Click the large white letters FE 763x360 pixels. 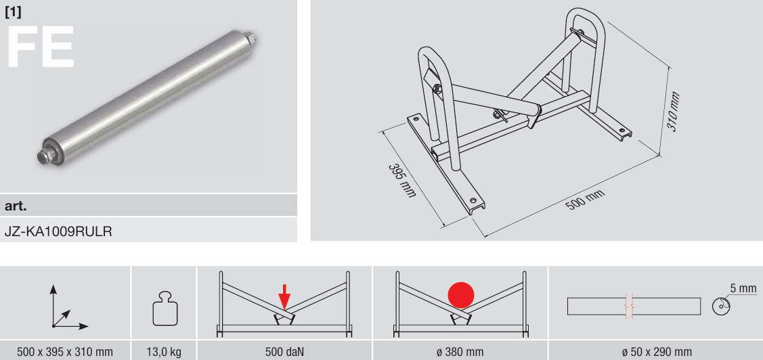click(x=41, y=47)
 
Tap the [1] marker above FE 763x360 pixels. click(x=13, y=13)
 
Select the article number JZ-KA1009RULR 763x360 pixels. click(x=58, y=231)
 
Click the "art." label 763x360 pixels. click(x=16, y=206)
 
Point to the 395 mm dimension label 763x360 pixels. click(x=402, y=180)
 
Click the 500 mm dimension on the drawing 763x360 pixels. click(x=585, y=200)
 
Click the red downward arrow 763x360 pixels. click(x=284, y=297)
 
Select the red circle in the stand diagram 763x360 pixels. click(x=460, y=295)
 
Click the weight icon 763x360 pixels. click(x=164, y=309)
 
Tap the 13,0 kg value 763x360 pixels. click(x=164, y=351)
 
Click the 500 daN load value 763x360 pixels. click(x=284, y=351)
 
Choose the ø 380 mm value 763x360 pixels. click(x=460, y=351)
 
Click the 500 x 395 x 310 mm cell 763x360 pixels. click(x=65, y=351)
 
